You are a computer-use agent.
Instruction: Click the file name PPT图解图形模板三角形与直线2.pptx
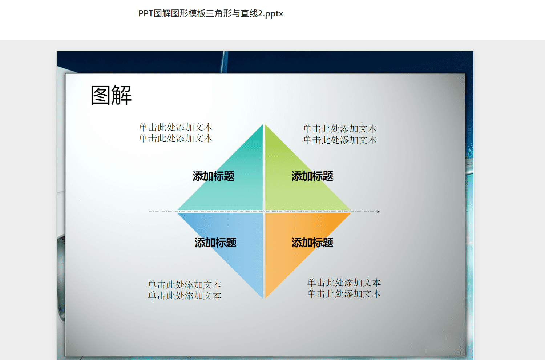(x=211, y=14)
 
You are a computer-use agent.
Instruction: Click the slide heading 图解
(x=111, y=95)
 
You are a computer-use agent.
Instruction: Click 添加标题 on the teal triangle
(x=213, y=176)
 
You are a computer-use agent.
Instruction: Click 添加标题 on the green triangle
(x=312, y=176)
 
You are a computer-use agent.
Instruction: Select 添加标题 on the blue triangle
(x=215, y=243)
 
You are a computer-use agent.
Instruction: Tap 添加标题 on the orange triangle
(x=312, y=243)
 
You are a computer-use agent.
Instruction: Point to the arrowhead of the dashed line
(x=378, y=212)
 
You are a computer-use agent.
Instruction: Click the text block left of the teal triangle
(x=175, y=133)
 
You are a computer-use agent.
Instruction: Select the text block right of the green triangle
(x=340, y=134)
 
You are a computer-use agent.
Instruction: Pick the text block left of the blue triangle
(x=185, y=290)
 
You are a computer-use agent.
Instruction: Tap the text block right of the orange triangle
(x=344, y=288)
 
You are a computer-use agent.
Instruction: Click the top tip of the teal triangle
(x=263, y=125)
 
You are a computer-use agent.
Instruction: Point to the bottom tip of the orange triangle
(x=266, y=299)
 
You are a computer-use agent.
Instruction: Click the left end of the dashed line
(x=149, y=212)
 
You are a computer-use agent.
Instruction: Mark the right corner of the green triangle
(x=351, y=210)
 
